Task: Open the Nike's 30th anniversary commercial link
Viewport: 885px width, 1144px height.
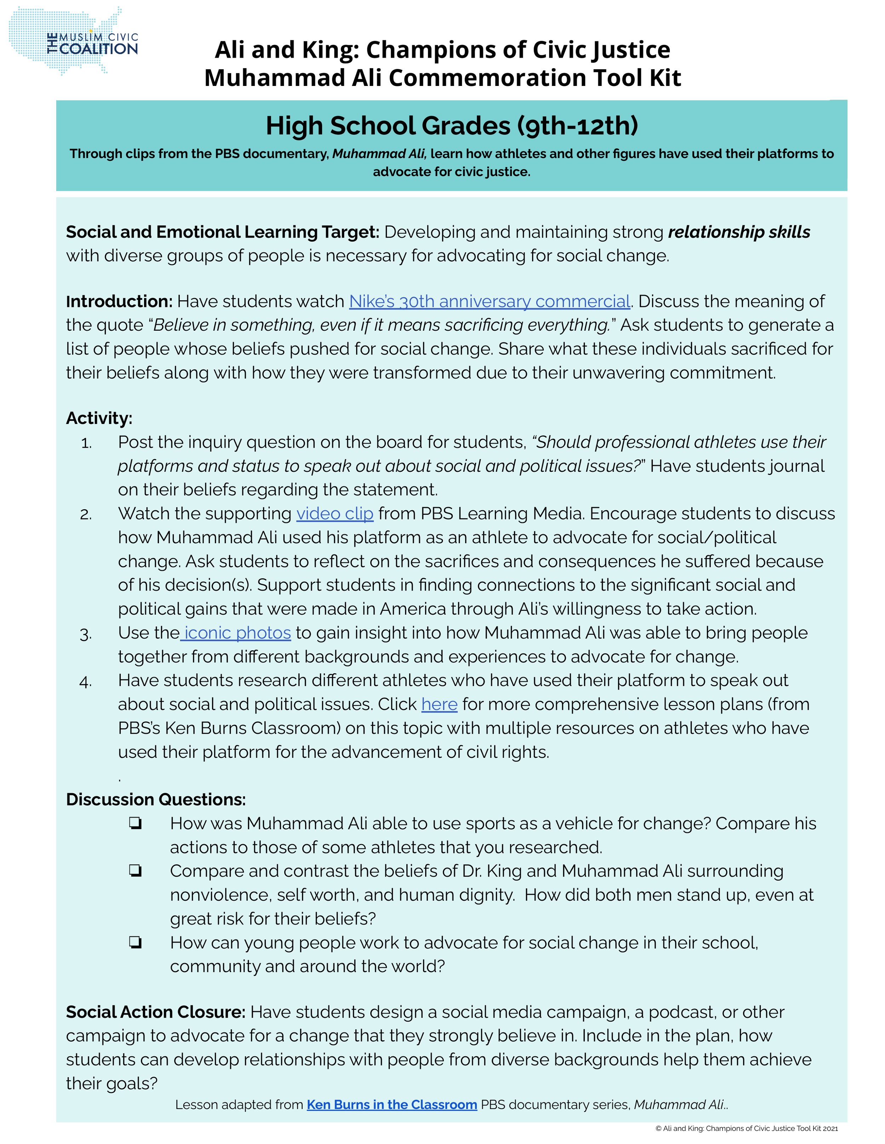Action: pos(489,301)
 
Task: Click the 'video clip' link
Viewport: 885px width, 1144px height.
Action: pos(335,513)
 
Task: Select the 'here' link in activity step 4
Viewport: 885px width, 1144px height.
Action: pos(439,704)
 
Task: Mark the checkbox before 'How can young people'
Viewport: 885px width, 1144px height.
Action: pos(135,943)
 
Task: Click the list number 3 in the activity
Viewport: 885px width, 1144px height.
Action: pos(86,635)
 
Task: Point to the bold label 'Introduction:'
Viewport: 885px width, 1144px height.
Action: pos(119,301)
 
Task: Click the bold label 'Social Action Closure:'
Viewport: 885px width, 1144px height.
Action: pos(155,1012)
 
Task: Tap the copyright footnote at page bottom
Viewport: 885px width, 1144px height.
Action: pos(746,1128)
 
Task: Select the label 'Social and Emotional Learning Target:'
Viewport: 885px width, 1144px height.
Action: pos(222,232)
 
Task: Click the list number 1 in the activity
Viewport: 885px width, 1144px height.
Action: pos(86,444)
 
